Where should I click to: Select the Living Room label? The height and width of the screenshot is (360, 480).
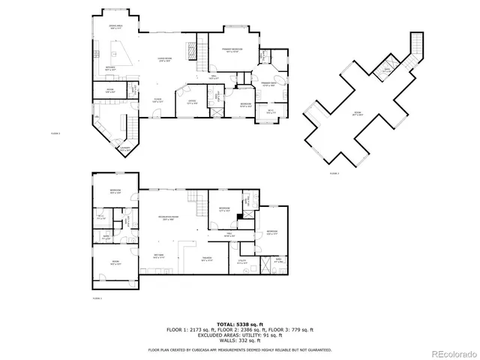(x=164, y=60)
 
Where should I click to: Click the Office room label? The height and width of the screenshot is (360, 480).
(x=192, y=103)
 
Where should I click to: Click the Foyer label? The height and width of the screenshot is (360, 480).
(x=158, y=100)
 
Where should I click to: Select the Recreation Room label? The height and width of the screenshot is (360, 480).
(x=166, y=218)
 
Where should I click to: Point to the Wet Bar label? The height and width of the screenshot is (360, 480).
(x=159, y=256)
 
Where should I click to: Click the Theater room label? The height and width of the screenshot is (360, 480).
(x=206, y=259)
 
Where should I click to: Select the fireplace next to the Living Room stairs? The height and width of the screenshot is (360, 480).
(x=191, y=50)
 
